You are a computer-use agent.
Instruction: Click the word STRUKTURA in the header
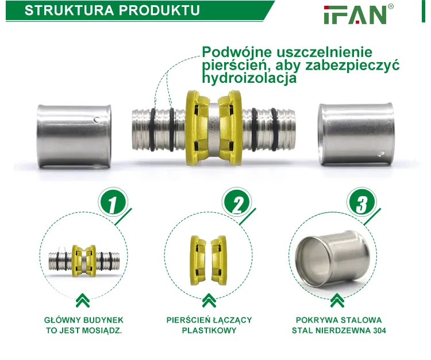point(69,10)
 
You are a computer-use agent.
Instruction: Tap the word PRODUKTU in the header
point(159,10)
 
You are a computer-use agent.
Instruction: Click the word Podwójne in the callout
point(237,52)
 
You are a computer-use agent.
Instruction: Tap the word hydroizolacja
point(249,78)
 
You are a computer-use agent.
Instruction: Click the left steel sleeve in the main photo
point(74,136)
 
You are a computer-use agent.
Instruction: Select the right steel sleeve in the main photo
point(356,134)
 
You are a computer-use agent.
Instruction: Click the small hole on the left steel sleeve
point(97,120)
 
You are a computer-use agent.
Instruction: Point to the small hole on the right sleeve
point(380,154)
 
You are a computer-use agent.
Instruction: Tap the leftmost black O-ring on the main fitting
point(152,129)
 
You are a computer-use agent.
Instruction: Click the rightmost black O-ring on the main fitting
point(274,129)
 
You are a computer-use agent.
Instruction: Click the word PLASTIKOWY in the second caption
point(209,330)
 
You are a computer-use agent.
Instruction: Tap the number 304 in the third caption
point(380,330)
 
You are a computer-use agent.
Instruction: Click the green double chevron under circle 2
point(209,300)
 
